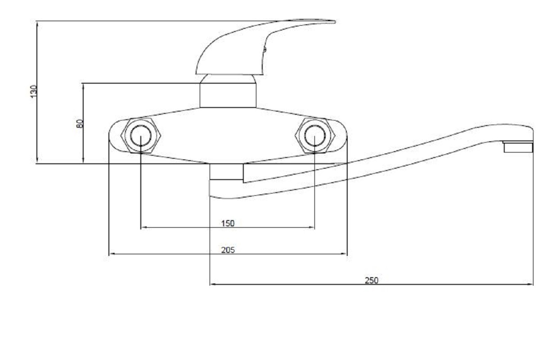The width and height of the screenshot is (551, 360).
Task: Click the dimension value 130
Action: click(34, 91)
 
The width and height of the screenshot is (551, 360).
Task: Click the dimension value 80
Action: click(80, 124)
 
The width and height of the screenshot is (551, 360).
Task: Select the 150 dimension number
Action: click(228, 224)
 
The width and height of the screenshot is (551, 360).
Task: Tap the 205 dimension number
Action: click(228, 250)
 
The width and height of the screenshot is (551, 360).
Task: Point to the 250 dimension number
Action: click(372, 281)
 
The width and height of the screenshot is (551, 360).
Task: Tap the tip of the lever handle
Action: click(335, 22)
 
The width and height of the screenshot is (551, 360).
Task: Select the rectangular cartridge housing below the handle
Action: click(228, 95)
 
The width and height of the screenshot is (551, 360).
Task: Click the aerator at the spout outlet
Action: click(518, 147)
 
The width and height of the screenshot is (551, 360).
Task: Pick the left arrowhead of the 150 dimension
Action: click(144, 228)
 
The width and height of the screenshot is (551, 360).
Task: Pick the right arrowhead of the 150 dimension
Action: click(312, 228)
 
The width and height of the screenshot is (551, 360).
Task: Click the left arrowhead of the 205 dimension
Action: click(112, 254)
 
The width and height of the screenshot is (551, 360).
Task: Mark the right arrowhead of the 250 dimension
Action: click(530, 284)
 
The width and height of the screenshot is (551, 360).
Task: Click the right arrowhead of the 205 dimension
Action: click(344, 254)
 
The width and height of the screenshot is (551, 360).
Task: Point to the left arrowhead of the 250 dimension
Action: click(213, 284)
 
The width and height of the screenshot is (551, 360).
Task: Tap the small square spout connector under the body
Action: click(226, 171)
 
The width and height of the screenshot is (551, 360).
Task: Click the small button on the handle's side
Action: click(265, 49)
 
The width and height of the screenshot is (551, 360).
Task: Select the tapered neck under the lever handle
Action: click(228, 79)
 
